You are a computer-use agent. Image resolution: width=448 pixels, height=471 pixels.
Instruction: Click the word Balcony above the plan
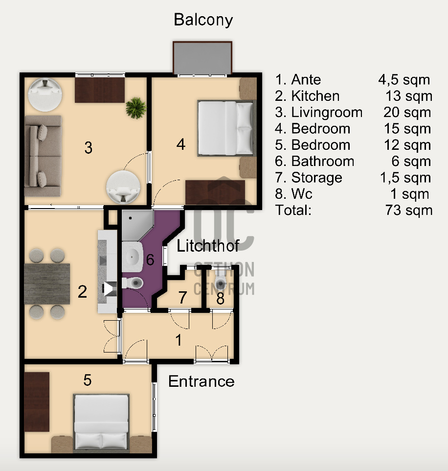[203, 20]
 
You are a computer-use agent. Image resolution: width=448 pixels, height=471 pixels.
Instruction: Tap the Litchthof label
[208, 246]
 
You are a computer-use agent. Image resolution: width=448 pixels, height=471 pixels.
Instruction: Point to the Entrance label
[201, 381]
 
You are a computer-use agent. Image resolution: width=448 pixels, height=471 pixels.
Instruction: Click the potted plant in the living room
[136, 108]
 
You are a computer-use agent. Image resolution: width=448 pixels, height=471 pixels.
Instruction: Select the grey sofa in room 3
[43, 156]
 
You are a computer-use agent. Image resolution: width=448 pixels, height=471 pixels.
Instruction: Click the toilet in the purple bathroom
[133, 283]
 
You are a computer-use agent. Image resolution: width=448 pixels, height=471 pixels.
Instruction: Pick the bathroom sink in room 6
[133, 256]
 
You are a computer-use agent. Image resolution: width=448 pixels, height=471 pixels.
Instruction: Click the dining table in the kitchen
[47, 284]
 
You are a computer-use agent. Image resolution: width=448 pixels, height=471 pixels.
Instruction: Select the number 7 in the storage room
[183, 298]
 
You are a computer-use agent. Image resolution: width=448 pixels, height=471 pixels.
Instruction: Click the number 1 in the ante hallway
[179, 340]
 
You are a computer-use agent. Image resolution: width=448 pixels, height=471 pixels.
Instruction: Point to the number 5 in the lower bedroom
[88, 380]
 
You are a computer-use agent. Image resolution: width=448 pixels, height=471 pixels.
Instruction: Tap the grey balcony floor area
[202, 58]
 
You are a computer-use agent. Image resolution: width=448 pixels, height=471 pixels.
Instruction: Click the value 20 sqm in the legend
[407, 113]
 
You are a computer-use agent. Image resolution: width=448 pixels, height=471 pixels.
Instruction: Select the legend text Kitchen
[315, 96]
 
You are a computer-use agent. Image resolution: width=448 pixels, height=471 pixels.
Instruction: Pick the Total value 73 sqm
[409, 210]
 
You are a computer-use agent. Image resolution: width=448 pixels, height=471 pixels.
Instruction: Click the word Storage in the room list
[316, 178]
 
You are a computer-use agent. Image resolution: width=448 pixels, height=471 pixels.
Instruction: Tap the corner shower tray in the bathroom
[137, 225]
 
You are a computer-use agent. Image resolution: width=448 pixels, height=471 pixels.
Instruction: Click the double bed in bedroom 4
[225, 128]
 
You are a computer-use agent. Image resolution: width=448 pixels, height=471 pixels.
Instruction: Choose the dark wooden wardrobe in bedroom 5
[37, 402]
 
